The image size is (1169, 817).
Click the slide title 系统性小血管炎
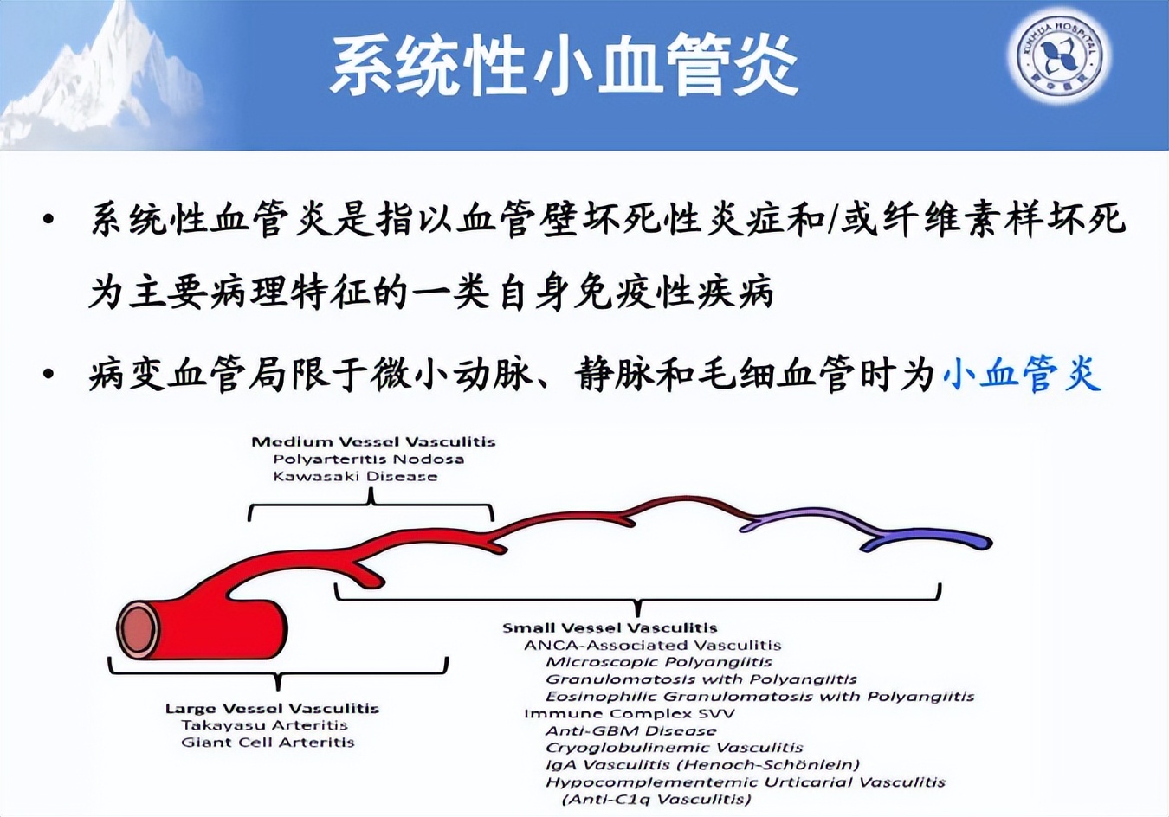564,66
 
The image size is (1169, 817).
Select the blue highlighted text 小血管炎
1022,375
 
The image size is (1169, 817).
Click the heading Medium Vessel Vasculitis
373,441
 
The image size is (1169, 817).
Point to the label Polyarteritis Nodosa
368,459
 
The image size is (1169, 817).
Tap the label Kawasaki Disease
355,476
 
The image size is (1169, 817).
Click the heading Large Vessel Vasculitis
272,708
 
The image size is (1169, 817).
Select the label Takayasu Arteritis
264,725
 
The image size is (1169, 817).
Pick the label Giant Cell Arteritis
268,743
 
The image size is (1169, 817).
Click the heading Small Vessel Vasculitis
610,627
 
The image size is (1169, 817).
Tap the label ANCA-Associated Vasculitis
652,645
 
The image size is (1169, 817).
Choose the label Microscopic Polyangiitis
658,662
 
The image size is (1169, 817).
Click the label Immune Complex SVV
629,713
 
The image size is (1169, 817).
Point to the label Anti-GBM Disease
630,730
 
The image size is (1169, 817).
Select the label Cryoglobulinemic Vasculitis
674,748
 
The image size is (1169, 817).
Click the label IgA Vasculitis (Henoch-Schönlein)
702,765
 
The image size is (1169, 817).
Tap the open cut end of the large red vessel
138,629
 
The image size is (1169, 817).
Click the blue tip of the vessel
970,542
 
